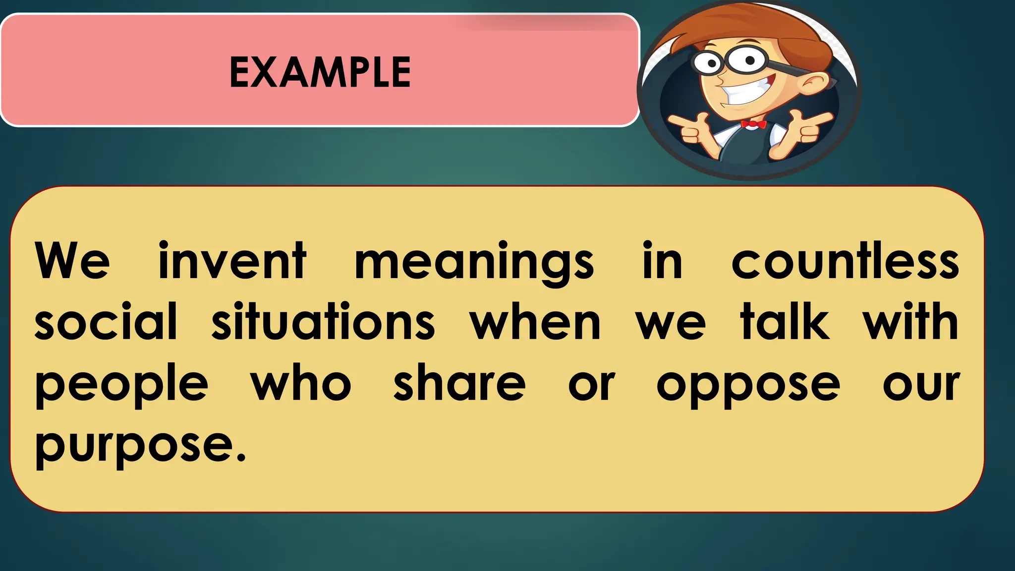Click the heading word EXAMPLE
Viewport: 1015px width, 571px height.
pos(320,72)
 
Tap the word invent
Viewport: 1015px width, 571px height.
pos(232,262)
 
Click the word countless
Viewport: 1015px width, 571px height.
pos(845,262)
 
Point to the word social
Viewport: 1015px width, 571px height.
pos(106,322)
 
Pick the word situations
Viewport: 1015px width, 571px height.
pos(323,322)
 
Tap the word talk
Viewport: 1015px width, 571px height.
pos(785,322)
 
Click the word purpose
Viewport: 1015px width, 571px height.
pos(134,446)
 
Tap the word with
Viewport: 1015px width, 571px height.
pos(910,322)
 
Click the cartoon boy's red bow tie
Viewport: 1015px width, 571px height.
pos(753,124)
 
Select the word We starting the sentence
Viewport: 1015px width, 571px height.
pos(72,262)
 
